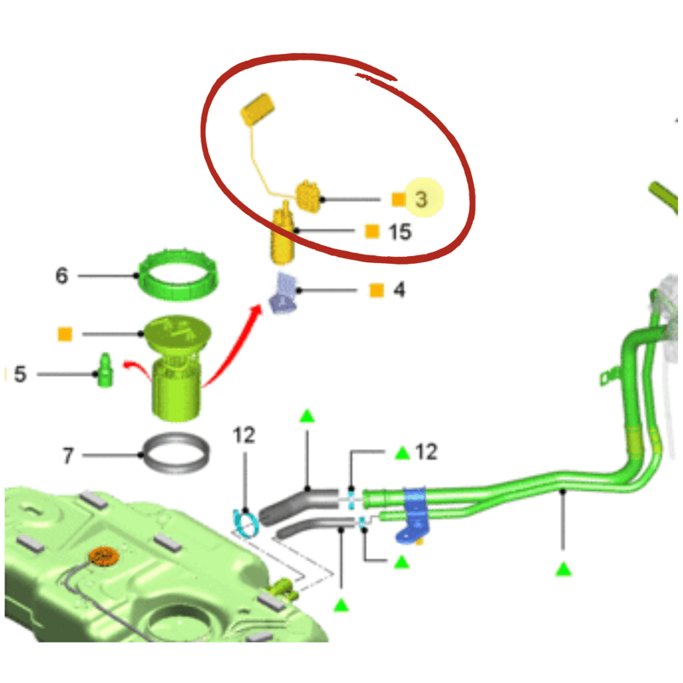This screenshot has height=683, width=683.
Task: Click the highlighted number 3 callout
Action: tap(421, 199)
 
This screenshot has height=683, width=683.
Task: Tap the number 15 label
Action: tap(400, 231)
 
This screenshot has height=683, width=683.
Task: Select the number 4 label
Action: tap(399, 289)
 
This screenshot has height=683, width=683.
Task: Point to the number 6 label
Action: tap(61, 275)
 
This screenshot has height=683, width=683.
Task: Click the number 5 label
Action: tap(20, 374)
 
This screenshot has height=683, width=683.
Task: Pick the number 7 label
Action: tap(68, 456)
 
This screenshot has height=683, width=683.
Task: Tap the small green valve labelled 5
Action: tap(104, 371)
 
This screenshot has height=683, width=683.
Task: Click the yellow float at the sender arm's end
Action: tap(258, 109)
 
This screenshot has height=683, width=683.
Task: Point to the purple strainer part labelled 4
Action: tap(284, 294)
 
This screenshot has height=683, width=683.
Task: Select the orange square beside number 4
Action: tap(377, 290)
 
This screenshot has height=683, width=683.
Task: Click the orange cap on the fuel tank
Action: tap(103, 556)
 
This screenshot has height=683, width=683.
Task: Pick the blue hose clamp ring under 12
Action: tap(246, 522)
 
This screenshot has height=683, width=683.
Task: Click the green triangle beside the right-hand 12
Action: tap(402, 453)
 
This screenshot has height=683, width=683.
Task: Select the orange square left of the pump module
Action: tap(65, 335)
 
